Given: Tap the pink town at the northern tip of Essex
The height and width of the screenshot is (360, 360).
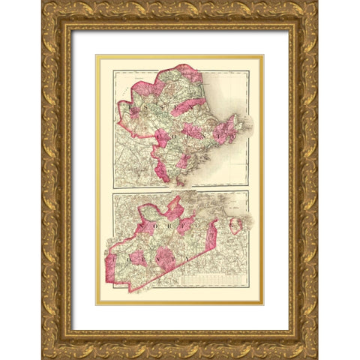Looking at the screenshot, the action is click(x=187, y=72).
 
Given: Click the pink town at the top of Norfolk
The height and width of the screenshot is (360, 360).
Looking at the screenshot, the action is click(x=174, y=207).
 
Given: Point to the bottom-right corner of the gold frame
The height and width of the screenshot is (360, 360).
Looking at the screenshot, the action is click(x=316, y=358).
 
